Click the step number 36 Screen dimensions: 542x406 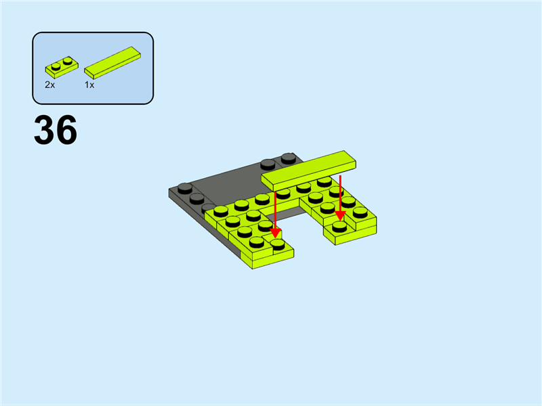56,130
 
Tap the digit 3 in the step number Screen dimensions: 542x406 44,130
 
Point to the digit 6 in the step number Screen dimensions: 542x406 66,130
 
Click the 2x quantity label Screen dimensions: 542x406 49,85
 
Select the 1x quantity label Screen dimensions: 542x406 89,85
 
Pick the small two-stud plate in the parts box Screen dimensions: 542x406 62,67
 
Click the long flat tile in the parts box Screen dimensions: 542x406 112,62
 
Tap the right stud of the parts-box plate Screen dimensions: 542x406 68,61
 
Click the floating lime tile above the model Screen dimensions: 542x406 309,171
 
